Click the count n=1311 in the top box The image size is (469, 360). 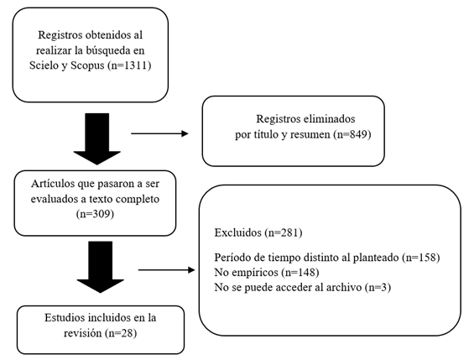tap(129, 65)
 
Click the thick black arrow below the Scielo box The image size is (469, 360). tap(97, 138)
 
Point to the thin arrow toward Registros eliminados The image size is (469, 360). tap(159, 133)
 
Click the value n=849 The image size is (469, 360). tap(352, 134)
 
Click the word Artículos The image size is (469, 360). tap(53, 184)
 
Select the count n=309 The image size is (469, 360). tap(95, 214)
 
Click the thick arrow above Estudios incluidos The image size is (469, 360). tap(100, 267)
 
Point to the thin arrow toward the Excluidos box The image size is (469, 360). tap(167, 270)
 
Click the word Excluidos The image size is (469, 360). tap(237, 232)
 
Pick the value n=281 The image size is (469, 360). tap(284, 232)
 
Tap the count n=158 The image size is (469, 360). tap(421, 257)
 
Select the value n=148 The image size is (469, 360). tap(300, 273)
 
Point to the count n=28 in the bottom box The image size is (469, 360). tap(121, 333)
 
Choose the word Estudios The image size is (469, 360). tap(64, 317)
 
